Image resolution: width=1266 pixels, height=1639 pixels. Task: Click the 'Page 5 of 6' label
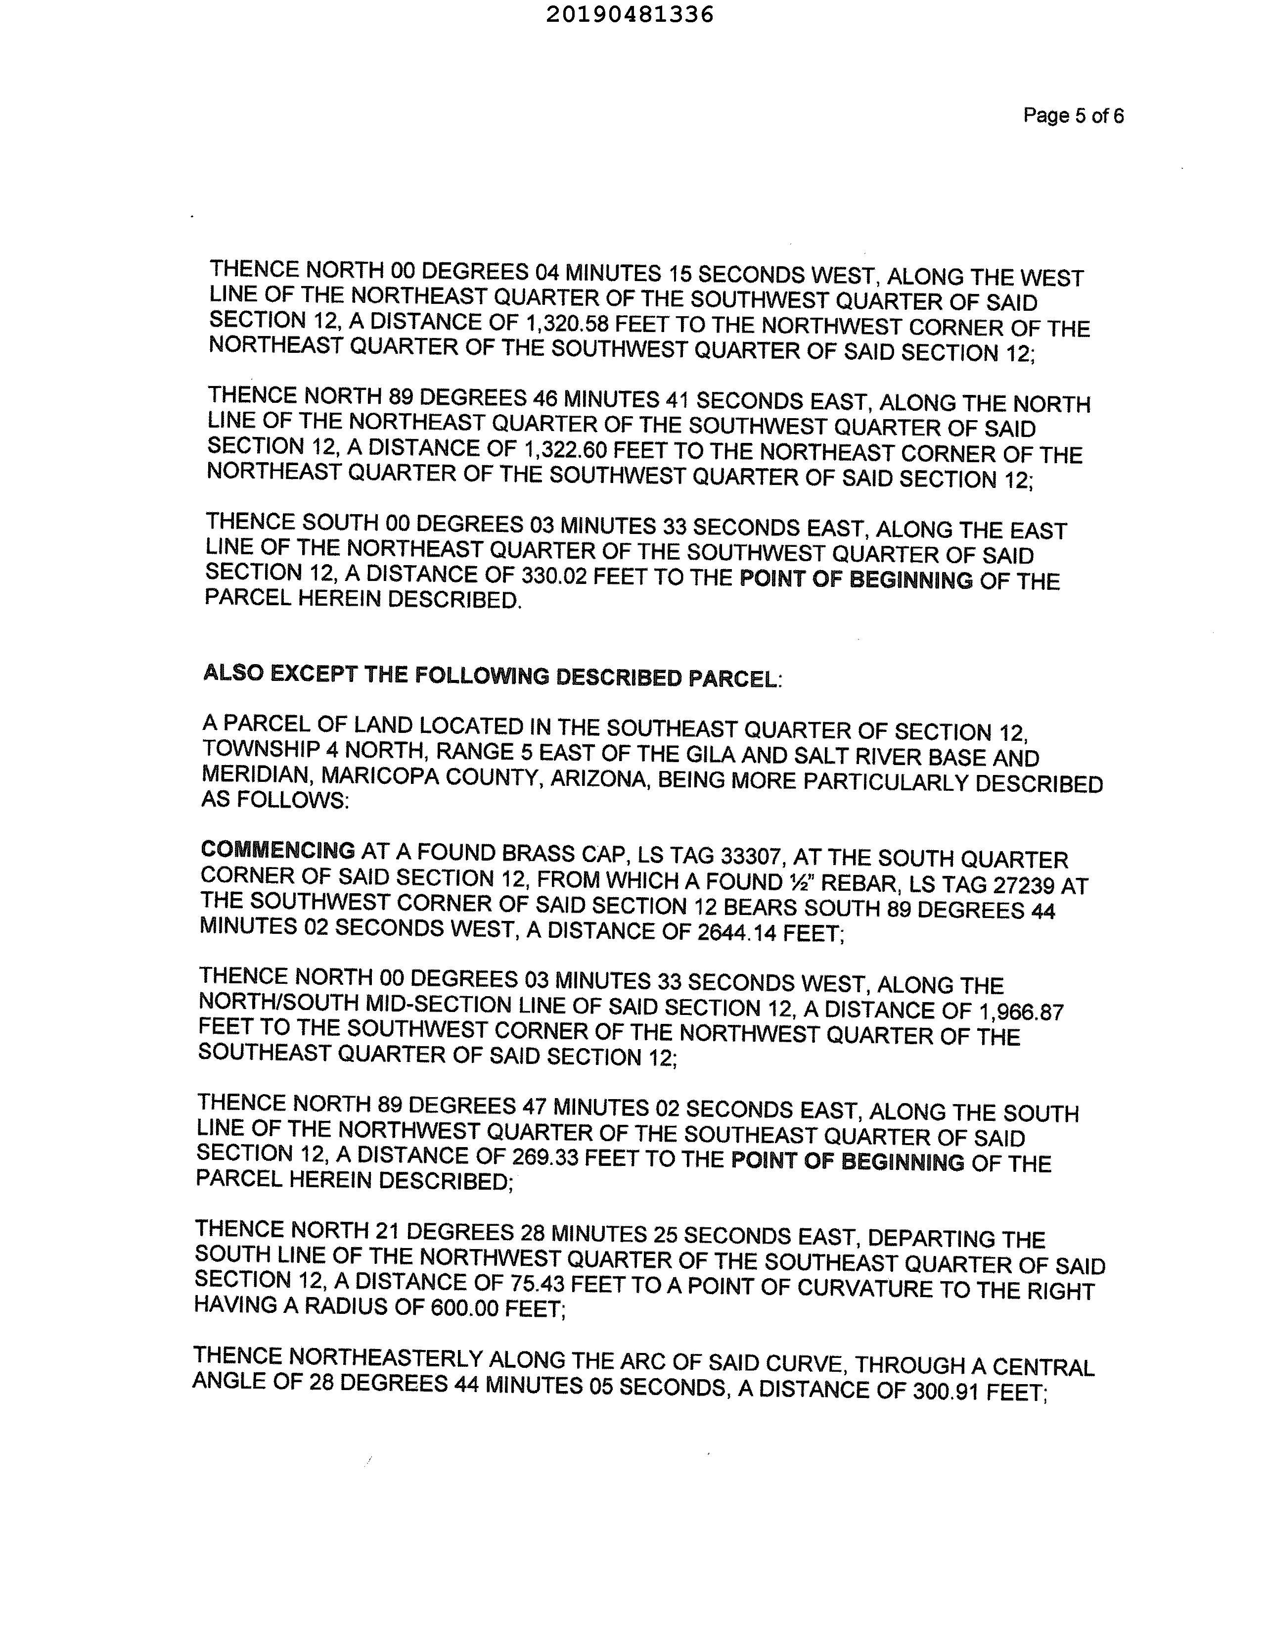point(1073,116)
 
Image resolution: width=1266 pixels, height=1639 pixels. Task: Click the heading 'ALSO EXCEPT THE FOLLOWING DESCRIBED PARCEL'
point(491,676)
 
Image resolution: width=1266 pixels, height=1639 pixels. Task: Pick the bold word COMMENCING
point(277,850)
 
